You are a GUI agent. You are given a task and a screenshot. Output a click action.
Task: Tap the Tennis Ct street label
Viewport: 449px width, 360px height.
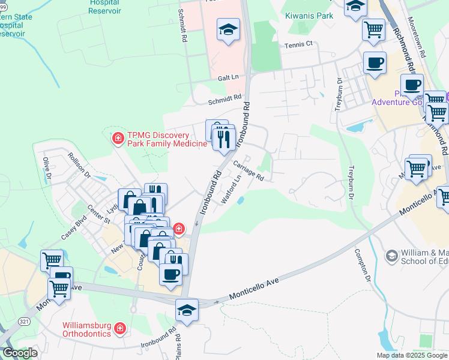(299, 44)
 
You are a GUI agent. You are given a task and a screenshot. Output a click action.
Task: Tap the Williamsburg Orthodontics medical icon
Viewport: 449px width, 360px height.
(120, 329)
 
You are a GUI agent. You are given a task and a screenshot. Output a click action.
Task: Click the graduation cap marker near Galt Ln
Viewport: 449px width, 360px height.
(228, 30)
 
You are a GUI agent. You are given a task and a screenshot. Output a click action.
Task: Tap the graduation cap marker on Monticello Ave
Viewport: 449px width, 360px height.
(187, 310)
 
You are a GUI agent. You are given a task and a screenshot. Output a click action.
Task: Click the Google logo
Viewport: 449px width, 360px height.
(20, 353)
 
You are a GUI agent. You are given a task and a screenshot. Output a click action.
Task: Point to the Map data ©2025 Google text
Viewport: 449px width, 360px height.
(411, 355)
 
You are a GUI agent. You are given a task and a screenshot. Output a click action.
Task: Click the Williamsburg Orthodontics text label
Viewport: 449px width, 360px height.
(87, 329)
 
